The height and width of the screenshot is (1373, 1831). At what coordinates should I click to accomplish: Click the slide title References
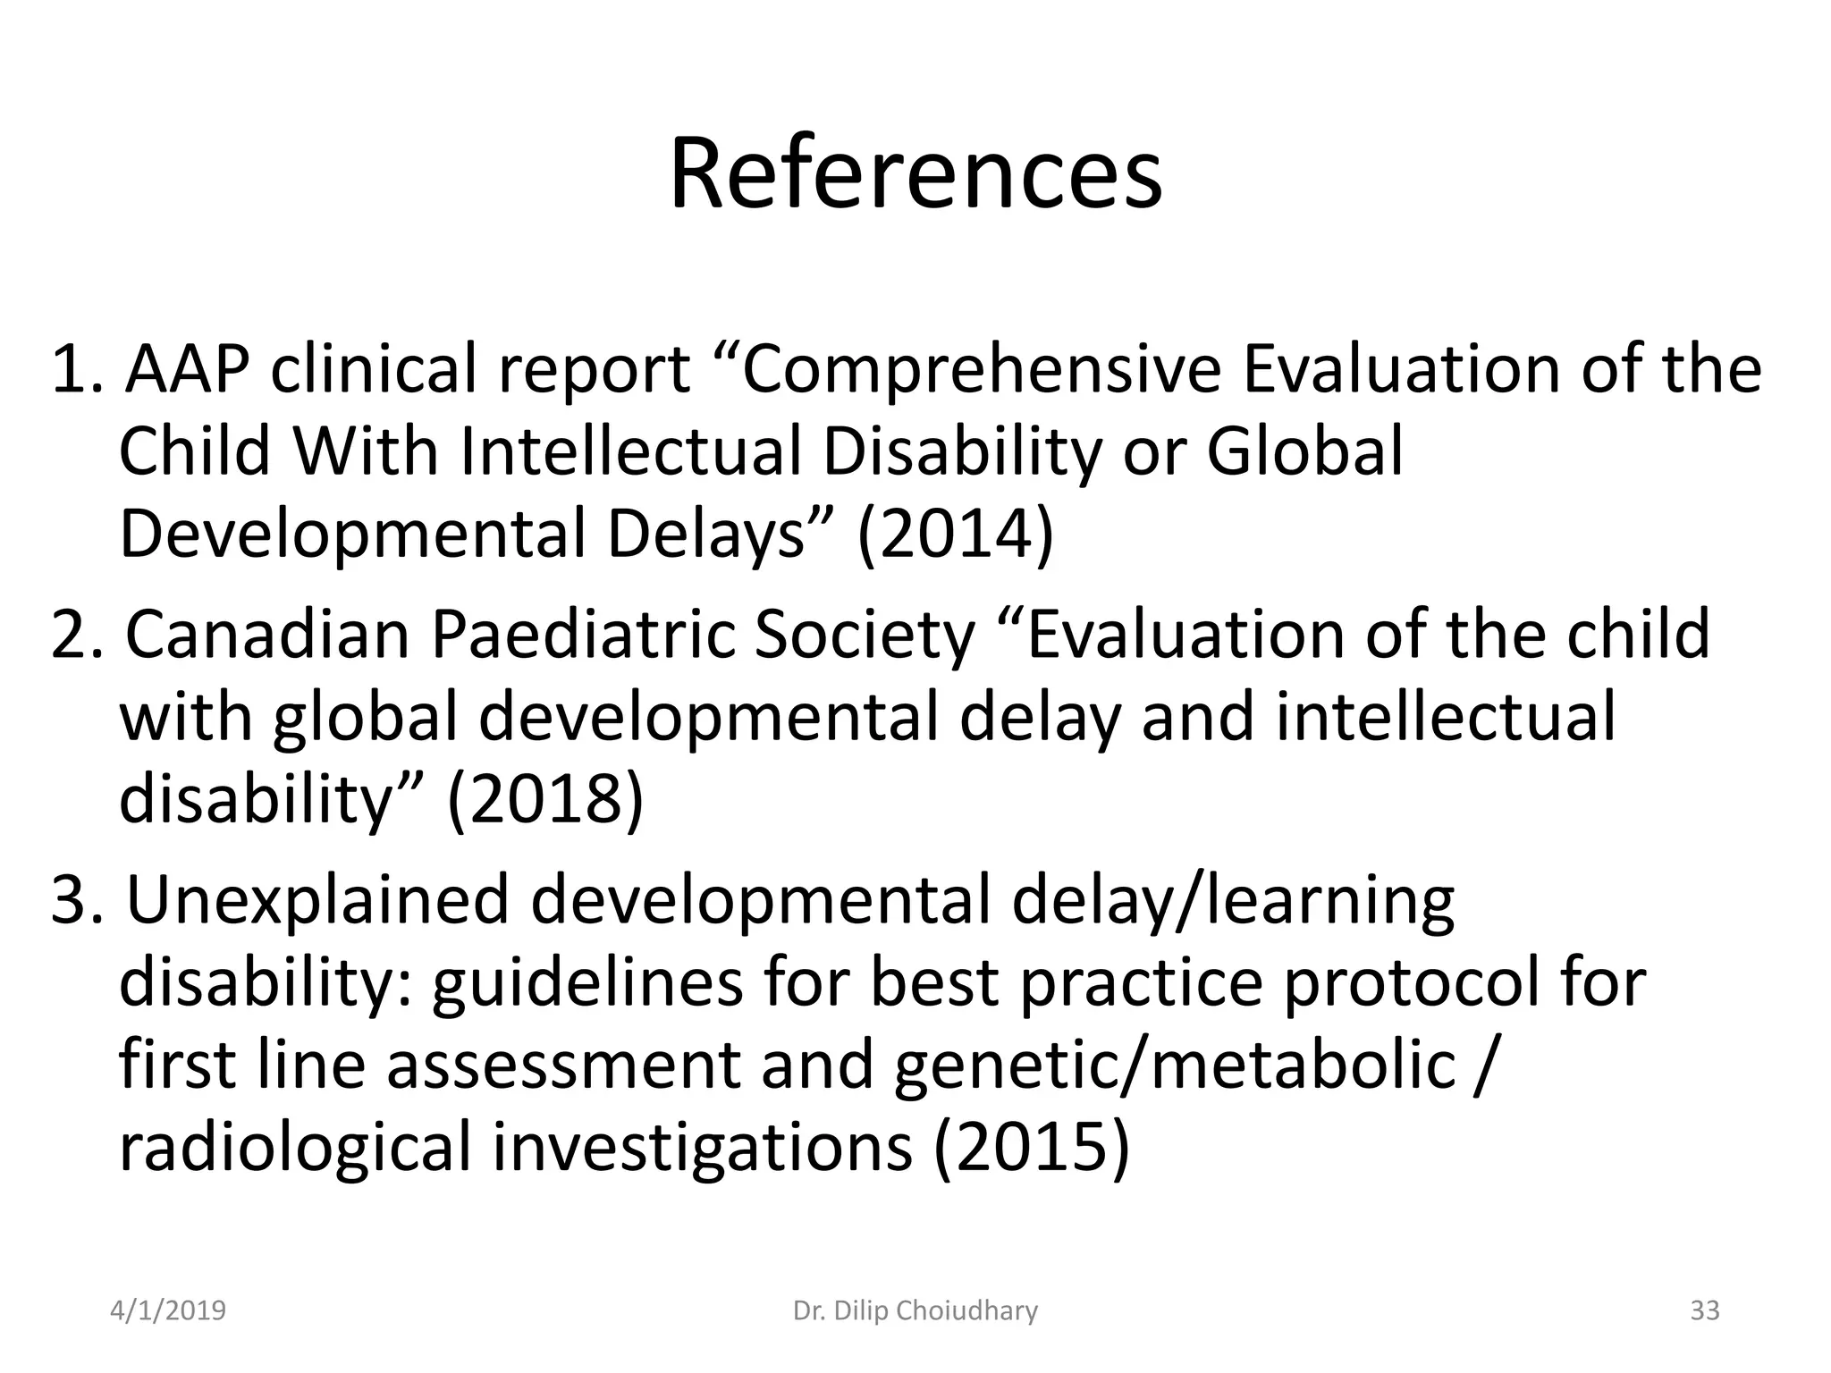915,173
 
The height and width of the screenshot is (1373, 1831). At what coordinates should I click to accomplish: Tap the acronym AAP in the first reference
186,369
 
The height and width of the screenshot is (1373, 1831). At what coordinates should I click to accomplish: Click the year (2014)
955,535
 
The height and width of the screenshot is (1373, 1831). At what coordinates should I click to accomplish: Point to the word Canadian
266,634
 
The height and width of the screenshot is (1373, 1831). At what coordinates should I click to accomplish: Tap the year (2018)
544,799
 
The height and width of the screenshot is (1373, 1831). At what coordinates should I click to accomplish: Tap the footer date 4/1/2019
168,1311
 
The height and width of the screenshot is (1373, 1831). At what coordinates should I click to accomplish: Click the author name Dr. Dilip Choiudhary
915,1311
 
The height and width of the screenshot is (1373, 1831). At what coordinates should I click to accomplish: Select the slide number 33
1705,1311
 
